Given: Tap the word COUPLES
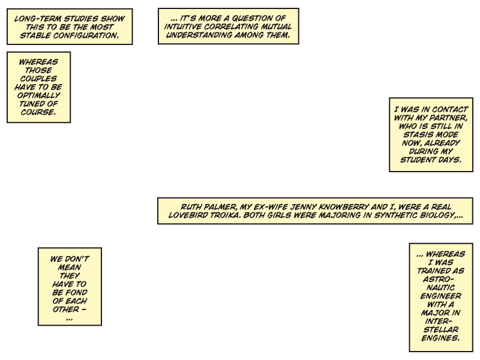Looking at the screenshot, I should tap(39, 79).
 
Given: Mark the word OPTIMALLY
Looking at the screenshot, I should tap(39, 95).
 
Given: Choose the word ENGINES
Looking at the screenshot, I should tap(440, 338).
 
